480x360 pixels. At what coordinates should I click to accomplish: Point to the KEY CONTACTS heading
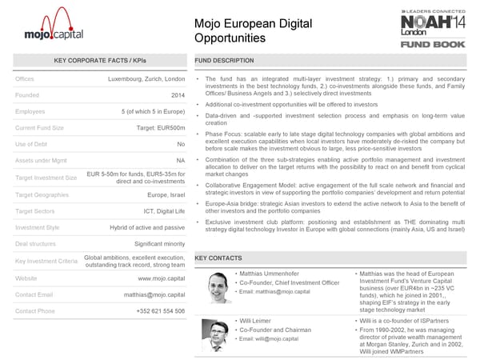(218, 258)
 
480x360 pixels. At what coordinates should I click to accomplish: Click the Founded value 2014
(177, 95)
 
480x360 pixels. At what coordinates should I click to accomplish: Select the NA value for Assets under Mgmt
(180, 161)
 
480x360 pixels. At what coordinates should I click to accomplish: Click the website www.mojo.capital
(162, 278)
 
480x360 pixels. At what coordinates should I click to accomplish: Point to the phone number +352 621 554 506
(160, 311)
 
